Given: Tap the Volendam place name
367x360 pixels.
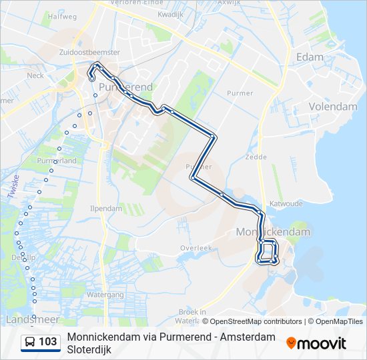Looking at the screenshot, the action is (x=333, y=107).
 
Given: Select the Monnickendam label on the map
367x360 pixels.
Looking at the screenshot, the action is (x=273, y=232).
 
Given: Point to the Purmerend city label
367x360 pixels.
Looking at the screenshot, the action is (x=125, y=87).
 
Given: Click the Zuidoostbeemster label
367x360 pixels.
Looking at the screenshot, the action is (x=89, y=51).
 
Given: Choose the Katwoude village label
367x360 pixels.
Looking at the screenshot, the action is (x=286, y=203).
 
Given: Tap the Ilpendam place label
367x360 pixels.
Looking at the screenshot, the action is (x=106, y=208).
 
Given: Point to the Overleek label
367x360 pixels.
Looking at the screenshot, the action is (x=196, y=247).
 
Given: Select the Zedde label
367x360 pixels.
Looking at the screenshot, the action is (x=256, y=158).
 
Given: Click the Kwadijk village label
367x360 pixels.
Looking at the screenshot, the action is (x=170, y=13).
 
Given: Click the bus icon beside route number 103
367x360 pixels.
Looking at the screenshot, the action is (x=29, y=342).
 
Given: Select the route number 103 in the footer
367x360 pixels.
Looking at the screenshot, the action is (x=47, y=342).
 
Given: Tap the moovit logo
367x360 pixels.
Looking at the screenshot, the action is (x=316, y=343).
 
